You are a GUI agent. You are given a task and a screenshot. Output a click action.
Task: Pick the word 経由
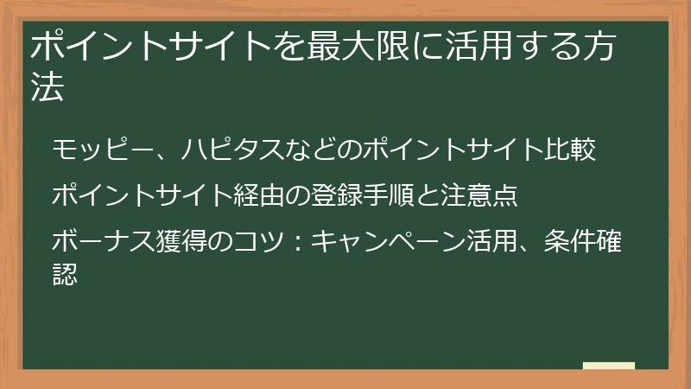[258, 195]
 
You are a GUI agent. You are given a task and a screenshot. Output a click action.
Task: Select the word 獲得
[181, 239]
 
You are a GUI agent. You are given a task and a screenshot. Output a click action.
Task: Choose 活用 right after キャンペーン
[491, 239]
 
